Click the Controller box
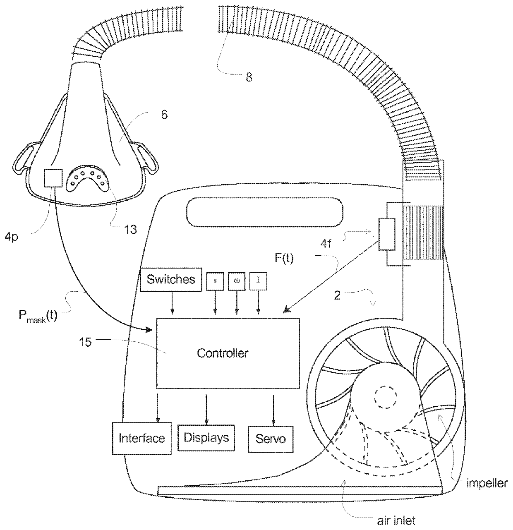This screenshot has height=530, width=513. tap(227, 353)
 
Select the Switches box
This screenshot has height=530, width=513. tap(171, 279)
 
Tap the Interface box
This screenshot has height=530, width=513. tap(141, 438)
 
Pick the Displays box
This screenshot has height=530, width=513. tap(206, 437)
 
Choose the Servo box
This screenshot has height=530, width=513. tap(271, 438)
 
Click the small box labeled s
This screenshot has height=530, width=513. tap(215, 281)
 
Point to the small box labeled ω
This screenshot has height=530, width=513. tap(237, 281)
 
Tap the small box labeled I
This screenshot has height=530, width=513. tap(259, 281)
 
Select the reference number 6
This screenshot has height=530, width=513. tap(164, 115)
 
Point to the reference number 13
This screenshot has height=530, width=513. tap(131, 229)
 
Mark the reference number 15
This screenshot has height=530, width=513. tap(85, 342)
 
